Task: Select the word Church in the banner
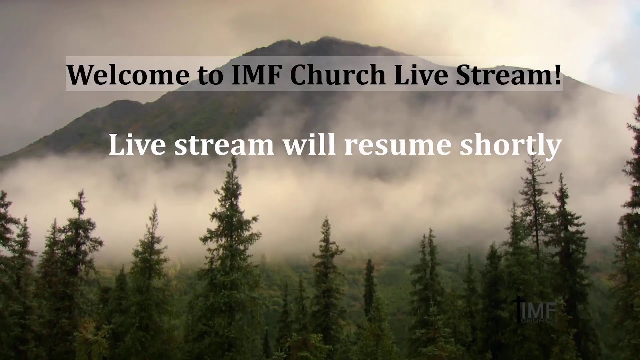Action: [x=338, y=75]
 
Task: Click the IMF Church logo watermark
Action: [x=534, y=311]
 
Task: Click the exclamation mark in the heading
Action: [x=557, y=74]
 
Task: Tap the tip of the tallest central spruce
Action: [x=233, y=159]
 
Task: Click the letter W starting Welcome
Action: [x=80, y=75]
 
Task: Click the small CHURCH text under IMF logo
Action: [x=537, y=320]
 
